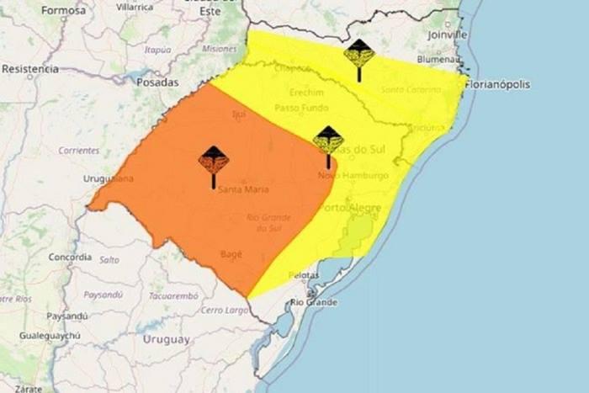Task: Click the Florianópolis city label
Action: click(500, 84)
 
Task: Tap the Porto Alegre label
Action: click(353, 208)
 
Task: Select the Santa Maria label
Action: click(237, 189)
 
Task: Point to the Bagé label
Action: click(231, 253)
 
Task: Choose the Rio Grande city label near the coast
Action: click(314, 302)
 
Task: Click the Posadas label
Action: click(157, 82)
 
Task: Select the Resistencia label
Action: click(29, 68)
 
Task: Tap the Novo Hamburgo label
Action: click(353, 175)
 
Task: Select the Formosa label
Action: click(63, 11)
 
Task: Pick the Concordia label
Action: click(70, 257)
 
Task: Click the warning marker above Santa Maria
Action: click(214, 164)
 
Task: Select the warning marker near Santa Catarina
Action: click(359, 59)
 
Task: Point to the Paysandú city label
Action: click(67, 316)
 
